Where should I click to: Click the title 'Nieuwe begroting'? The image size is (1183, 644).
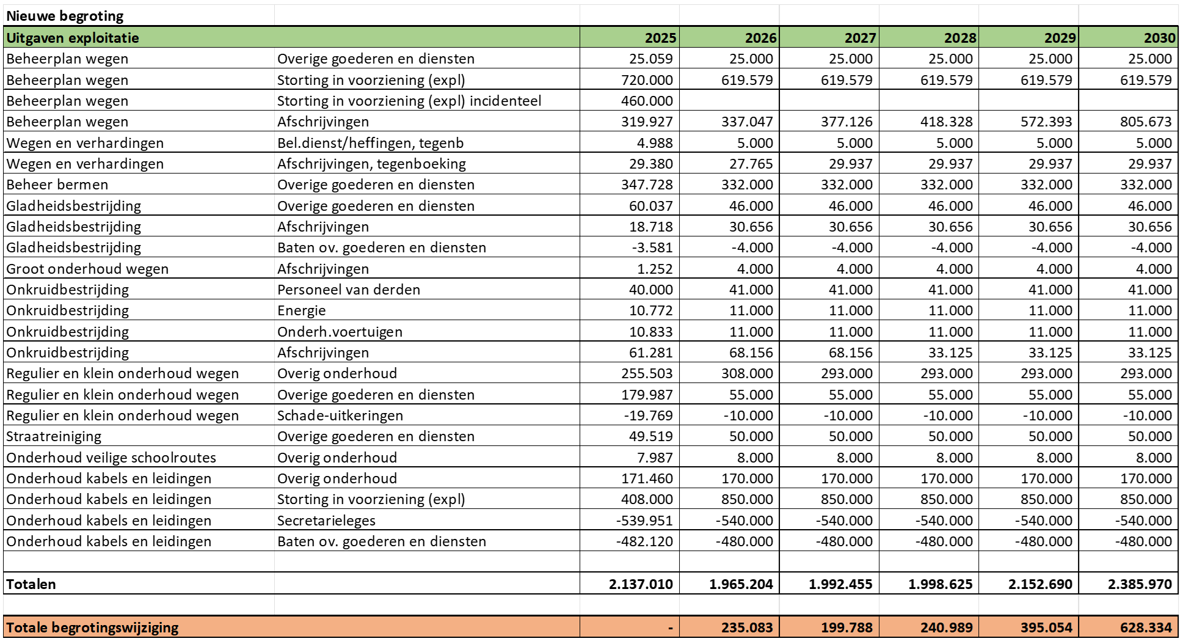click(65, 16)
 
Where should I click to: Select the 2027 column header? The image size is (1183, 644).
click(860, 38)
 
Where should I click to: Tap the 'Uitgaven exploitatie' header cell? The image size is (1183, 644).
click(73, 38)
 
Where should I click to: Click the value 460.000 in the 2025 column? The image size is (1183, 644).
click(647, 101)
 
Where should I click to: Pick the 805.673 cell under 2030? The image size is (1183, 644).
click(1146, 122)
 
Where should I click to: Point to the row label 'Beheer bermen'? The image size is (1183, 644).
click(57, 185)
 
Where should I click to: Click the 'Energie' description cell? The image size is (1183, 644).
click(301, 310)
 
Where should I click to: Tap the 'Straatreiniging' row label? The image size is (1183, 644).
click(54, 436)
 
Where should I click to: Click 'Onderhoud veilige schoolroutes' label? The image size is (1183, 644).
click(111, 458)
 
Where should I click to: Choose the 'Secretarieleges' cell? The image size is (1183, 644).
click(326, 521)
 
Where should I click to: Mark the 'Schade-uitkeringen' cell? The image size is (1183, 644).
click(340, 415)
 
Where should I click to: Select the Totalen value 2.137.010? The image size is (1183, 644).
click(641, 584)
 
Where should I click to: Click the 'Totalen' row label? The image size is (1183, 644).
click(31, 584)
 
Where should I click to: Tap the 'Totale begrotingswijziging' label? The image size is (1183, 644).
click(92, 628)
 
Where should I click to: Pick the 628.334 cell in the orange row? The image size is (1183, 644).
click(1146, 628)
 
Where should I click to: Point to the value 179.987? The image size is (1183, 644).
click(647, 395)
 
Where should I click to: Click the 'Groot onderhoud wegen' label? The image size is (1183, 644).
click(87, 269)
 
